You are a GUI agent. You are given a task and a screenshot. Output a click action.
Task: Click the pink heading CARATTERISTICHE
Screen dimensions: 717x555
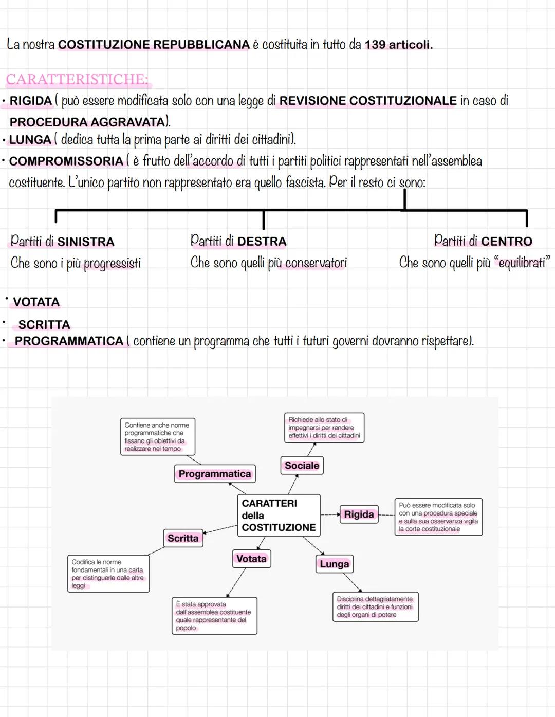click(x=77, y=80)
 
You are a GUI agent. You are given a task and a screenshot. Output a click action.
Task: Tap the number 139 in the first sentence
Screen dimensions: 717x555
click(x=375, y=45)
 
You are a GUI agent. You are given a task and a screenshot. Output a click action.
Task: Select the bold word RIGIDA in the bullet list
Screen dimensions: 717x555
click(x=31, y=101)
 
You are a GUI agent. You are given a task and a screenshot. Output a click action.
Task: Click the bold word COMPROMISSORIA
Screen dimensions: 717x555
click(x=66, y=161)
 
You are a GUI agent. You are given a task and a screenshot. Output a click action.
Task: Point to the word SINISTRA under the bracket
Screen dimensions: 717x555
click(x=86, y=242)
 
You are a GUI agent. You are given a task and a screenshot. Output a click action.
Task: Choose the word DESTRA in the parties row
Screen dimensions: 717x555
click(x=262, y=241)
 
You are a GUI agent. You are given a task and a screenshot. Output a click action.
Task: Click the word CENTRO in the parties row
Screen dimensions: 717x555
click(x=507, y=241)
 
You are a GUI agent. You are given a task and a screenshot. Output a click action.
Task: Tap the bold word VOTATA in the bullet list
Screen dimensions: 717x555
click(x=36, y=302)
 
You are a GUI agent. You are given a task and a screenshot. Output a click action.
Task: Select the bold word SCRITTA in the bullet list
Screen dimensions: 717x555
click(x=44, y=325)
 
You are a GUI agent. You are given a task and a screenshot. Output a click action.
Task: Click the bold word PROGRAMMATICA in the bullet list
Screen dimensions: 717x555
click(x=69, y=341)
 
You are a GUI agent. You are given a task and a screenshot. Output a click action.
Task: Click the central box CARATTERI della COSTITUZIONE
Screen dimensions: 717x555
click(x=279, y=515)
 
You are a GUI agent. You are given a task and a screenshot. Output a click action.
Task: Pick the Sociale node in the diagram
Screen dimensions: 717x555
click(x=302, y=466)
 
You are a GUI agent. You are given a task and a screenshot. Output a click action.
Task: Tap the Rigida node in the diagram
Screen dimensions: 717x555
click(x=359, y=514)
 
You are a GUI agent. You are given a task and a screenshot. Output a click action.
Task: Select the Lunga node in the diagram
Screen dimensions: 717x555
click(x=334, y=564)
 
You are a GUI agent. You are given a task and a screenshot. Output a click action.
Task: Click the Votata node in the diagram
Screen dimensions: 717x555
click(x=251, y=559)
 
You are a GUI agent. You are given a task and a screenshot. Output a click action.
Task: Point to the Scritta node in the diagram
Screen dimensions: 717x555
click(x=183, y=538)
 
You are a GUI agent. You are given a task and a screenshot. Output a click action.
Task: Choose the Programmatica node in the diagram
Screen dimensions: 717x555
click(x=215, y=474)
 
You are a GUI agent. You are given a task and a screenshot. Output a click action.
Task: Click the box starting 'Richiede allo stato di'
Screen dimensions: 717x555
click(x=324, y=428)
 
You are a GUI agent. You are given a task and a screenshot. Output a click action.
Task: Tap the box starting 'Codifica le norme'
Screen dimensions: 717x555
click(x=108, y=574)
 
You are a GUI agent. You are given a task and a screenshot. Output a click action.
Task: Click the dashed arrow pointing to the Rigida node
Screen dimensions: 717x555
click(x=330, y=514)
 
